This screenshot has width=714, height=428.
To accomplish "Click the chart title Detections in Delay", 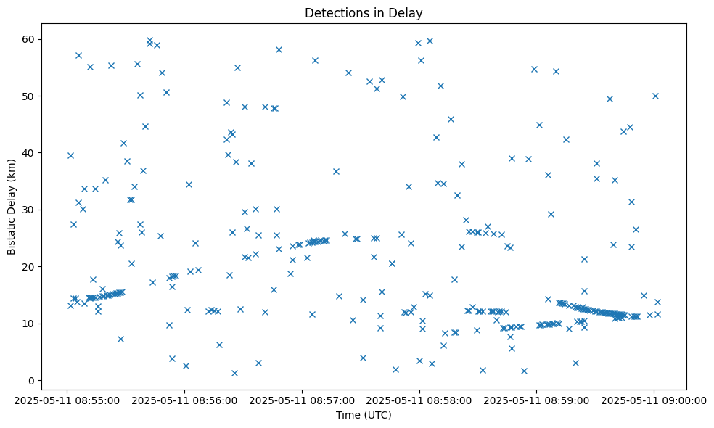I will [364, 13].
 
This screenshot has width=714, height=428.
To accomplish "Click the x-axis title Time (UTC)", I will [364, 415].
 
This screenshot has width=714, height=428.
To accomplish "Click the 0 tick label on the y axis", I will [33, 381].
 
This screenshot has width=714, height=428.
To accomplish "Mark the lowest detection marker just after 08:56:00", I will [186, 366].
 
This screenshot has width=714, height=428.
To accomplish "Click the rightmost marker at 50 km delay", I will [655, 96].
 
